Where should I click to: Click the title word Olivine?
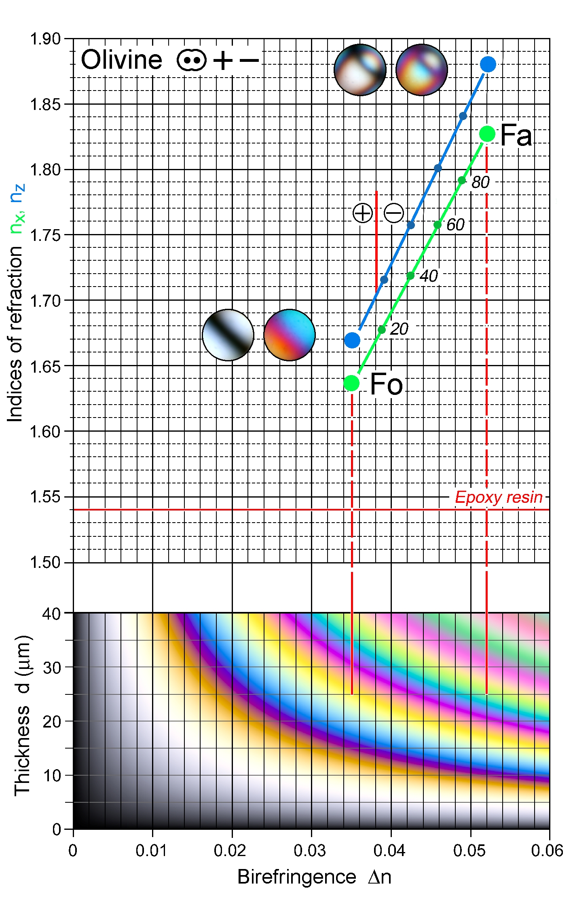pos(121,60)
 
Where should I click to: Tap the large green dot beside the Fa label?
pos(487,133)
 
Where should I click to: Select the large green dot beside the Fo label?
pos(351,382)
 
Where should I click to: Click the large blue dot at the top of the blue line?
pos(488,64)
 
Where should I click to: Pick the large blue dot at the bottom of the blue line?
pos(352,340)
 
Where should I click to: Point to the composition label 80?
pos(480,182)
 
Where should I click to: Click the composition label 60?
pos(455,225)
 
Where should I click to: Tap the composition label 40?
pos(429,276)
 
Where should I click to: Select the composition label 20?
pos(399,329)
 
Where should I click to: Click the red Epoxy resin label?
pos(499,497)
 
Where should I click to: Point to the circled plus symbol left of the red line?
pos(362,213)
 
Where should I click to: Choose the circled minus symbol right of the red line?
pos(393,213)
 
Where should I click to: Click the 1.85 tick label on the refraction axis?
pos(45,104)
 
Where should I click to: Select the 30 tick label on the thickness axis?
pos(52,668)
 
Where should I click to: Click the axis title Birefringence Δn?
pos(314,877)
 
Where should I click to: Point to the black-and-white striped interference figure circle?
pos(228,335)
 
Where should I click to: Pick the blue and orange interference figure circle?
pos(289,335)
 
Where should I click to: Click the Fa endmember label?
pos(516,135)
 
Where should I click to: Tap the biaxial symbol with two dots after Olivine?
pos(191,61)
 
